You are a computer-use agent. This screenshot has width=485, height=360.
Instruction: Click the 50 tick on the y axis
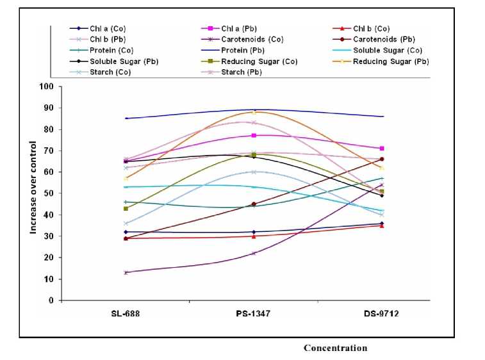pos(49,193)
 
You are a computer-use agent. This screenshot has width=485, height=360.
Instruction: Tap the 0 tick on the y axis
pos(51,300)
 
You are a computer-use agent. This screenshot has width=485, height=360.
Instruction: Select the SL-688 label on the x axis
pos(126,314)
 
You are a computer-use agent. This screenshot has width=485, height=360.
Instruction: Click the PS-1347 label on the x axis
pos(254,314)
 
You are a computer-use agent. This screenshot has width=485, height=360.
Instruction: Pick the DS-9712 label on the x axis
pos(382,314)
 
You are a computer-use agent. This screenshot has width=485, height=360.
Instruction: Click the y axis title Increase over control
pos(33,193)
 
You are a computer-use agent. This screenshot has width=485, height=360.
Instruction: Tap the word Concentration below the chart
pos(335,348)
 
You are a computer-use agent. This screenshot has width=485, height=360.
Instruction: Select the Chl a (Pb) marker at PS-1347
pos(254,135)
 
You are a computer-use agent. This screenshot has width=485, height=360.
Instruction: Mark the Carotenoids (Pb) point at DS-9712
pos(382,159)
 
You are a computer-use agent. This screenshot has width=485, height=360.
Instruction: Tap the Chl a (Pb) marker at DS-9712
pos(382,149)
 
